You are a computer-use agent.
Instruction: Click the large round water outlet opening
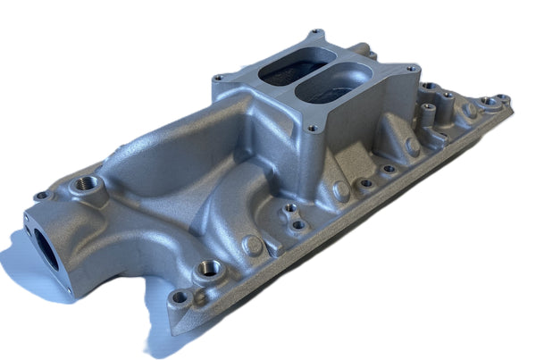pyautogui.click(x=46, y=244)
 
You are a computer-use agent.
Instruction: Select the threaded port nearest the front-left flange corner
pyautogui.click(x=208, y=268)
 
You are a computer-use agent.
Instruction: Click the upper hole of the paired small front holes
pyautogui.click(x=289, y=207)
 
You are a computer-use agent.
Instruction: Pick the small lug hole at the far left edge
pyautogui.click(x=39, y=196)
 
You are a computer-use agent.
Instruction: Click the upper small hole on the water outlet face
pyautogui.click(x=32, y=220)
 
